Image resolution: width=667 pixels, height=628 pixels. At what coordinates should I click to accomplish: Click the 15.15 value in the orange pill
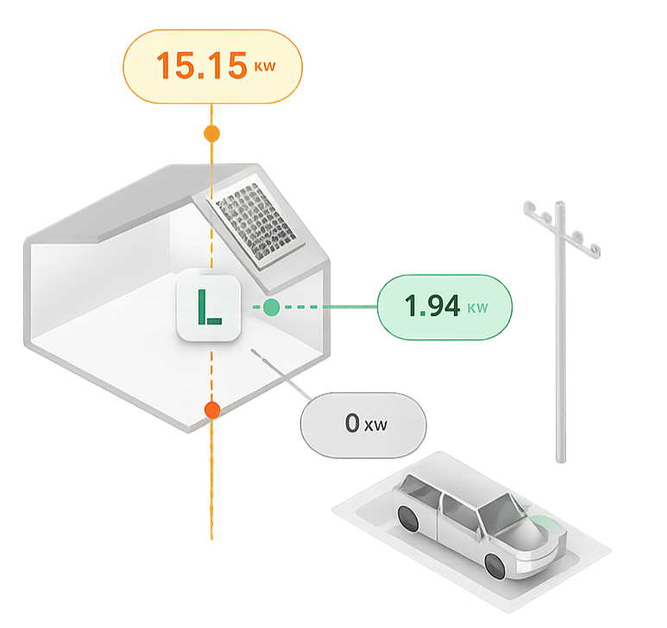[x=202, y=65]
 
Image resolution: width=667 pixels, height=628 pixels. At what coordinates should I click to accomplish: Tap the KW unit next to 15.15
[x=265, y=67]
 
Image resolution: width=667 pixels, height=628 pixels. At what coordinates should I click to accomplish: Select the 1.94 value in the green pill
[x=432, y=305]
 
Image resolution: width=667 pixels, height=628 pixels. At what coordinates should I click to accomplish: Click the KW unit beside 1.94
[x=478, y=308]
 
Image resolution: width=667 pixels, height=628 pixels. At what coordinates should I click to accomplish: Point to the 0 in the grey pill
[x=352, y=422]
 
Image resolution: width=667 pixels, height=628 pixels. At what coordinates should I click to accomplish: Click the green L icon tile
[x=209, y=308]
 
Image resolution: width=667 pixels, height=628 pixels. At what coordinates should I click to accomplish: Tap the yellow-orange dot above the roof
[x=212, y=134]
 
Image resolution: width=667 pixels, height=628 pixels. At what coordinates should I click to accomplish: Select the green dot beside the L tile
[x=272, y=307]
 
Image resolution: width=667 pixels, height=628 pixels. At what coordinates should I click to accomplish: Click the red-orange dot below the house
[x=212, y=410]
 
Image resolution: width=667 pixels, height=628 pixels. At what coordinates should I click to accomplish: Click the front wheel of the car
[x=495, y=566]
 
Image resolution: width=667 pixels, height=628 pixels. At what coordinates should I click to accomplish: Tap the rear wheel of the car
[x=408, y=518]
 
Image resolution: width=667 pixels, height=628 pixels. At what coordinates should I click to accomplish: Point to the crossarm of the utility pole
[x=562, y=230]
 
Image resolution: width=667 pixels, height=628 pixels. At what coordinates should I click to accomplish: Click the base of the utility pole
[x=561, y=459]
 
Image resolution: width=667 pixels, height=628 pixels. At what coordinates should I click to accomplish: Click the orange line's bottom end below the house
[x=211, y=539]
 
